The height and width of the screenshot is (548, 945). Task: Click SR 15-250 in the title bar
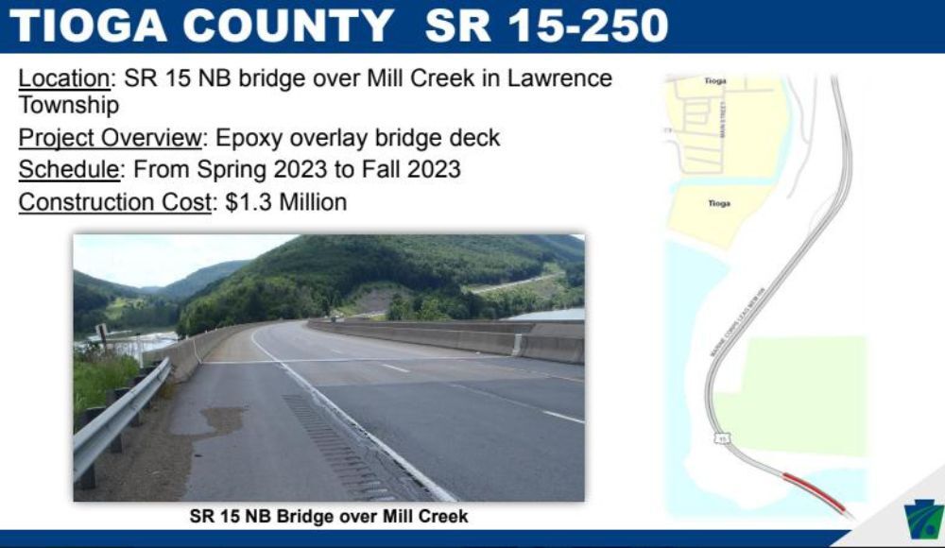(546, 26)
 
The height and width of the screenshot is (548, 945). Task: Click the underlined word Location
(64, 78)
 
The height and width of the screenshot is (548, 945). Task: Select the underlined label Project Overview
(110, 138)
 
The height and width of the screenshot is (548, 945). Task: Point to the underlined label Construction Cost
(114, 201)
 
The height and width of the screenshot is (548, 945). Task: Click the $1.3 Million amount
(286, 201)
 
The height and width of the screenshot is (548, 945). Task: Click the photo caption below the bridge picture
(329, 516)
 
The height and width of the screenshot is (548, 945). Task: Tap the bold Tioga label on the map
(719, 203)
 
